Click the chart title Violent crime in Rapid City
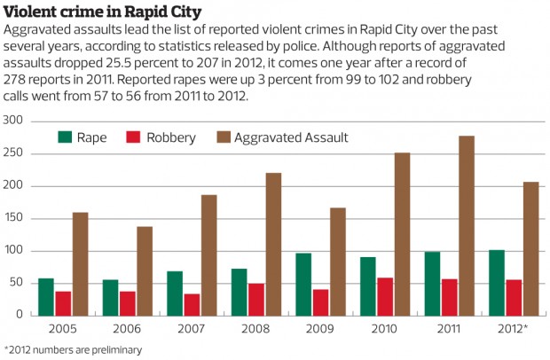[102, 12]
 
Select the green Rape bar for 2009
[303, 285]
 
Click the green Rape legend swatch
[65, 137]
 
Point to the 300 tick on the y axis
[14, 120]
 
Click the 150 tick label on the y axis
[14, 218]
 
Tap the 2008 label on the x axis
[255, 329]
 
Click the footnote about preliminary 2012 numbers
[73, 350]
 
